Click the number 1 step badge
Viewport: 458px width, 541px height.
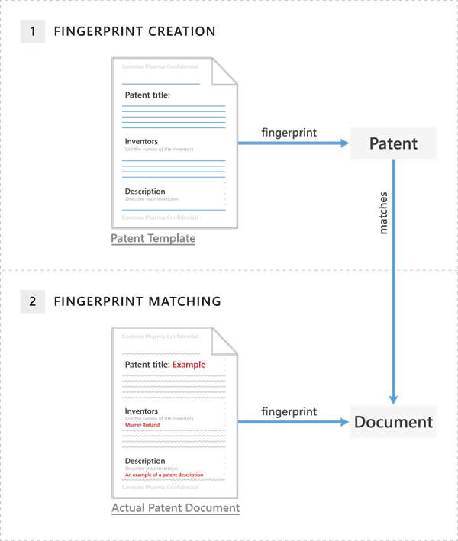coord(32,31)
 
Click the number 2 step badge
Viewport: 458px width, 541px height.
coord(32,301)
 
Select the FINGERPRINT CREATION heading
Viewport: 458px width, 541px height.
coord(134,31)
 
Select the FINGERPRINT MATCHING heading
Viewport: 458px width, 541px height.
coord(137,301)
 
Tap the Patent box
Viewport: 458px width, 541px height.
coord(393,143)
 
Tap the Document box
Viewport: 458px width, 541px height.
coord(393,422)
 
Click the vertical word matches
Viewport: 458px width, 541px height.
coord(384,213)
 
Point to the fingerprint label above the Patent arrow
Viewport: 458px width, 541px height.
coord(289,133)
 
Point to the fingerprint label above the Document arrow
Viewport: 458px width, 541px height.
coord(289,411)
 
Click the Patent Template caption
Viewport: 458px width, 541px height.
coord(153,239)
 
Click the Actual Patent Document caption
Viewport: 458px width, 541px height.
coord(176,508)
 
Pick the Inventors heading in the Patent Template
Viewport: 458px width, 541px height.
coord(141,141)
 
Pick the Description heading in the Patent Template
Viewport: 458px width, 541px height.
coord(144,192)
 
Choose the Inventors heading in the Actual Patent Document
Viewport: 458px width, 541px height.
coord(141,411)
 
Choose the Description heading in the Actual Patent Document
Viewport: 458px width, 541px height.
coord(144,461)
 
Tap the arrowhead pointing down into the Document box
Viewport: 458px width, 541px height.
coord(393,399)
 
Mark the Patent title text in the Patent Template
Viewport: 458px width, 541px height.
coord(147,95)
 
